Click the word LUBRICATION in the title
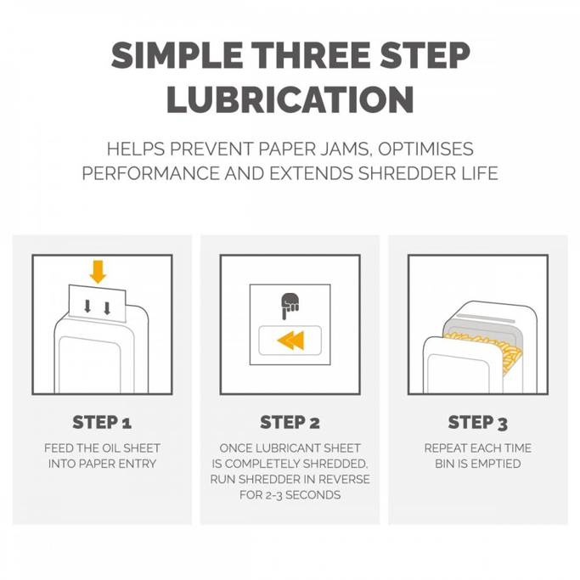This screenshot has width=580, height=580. (290, 99)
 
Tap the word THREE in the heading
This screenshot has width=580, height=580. (313, 55)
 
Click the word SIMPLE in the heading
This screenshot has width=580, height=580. (177, 55)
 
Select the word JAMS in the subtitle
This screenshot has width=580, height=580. (342, 149)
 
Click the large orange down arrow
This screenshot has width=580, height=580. (98, 272)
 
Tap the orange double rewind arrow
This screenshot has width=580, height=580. (290, 341)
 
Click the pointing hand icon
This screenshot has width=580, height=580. (290, 306)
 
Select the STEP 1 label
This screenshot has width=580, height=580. (102, 422)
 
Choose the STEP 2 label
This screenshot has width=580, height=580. (290, 422)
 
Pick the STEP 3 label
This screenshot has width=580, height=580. (477, 422)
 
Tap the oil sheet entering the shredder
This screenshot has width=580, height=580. (98, 303)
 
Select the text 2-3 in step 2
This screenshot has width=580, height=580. (274, 495)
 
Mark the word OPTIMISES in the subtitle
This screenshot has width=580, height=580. (425, 149)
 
